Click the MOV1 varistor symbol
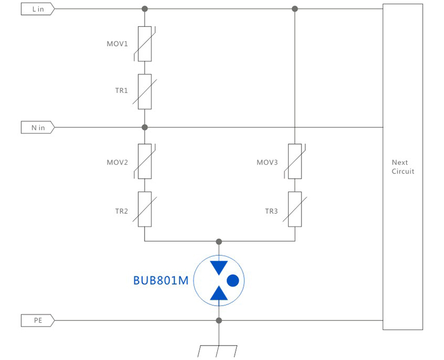(x=145, y=44)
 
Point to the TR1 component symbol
(x=145, y=91)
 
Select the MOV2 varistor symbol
(x=145, y=161)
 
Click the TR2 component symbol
(x=145, y=210)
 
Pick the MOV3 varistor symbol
(x=295, y=161)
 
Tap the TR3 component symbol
(x=295, y=210)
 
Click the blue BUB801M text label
(x=161, y=280)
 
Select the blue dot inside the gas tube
(x=233, y=280)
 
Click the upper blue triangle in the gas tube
(x=219, y=267)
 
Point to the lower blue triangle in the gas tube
(x=219, y=293)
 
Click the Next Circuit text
(x=402, y=166)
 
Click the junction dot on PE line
(x=219, y=321)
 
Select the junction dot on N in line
(x=145, y=127)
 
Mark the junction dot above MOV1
(x=145, y=9)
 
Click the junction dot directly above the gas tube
(x=219, y=241)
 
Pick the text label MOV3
(x=267, y=162)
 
